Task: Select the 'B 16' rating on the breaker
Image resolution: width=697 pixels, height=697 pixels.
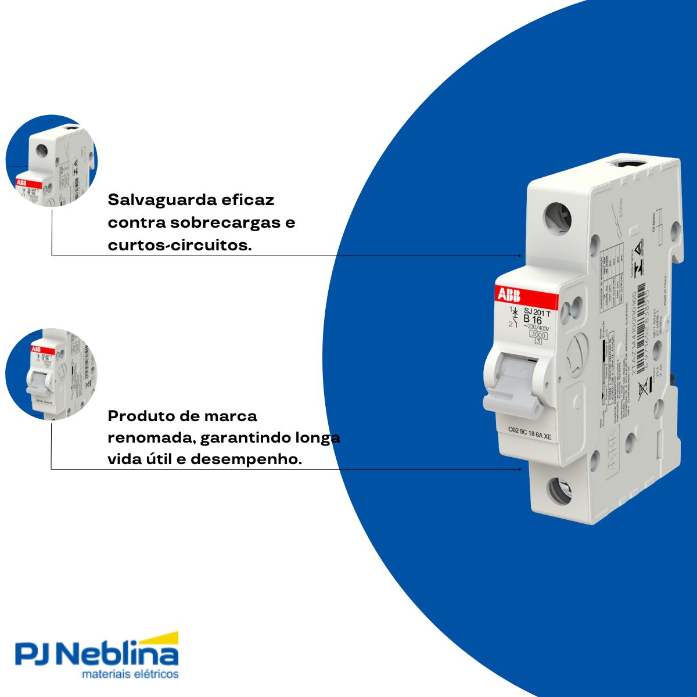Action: [533, 319]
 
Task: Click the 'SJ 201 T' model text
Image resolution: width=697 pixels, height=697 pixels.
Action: [537, 312]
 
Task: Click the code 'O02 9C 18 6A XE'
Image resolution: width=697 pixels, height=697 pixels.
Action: [530, 430]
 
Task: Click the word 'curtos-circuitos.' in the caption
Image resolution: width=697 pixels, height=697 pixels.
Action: [179, 246]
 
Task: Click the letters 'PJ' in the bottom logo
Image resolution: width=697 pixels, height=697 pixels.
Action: [36, 655]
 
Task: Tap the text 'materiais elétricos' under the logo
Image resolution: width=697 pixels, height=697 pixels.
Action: [130, 674]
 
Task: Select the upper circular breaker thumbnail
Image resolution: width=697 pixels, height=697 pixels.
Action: [52, 161]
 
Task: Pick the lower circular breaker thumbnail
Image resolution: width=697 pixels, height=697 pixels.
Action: [51, 374]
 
